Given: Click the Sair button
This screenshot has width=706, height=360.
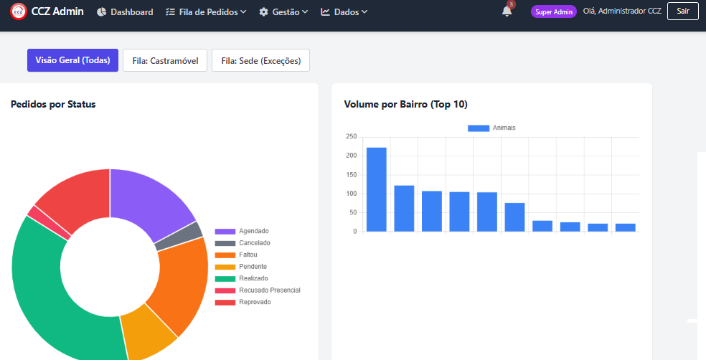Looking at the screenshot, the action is pyautogui.click(x=682, y=11).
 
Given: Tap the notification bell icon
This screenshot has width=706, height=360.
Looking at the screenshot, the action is pyautogui.click(x=507, y=11).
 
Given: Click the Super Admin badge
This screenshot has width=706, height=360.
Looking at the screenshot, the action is pyautogui.click(x=553, y=11).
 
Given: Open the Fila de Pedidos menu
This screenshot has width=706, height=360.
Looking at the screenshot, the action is pyautogui.click(x=206, y=12).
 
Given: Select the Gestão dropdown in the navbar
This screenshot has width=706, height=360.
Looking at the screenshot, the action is pyautogui.click(x=283, y=12).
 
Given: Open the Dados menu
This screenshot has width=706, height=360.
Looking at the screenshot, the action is pyautogui.click(x=344, y=12).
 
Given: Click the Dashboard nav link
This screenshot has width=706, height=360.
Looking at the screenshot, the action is pyautogui.click(x=125, y=12).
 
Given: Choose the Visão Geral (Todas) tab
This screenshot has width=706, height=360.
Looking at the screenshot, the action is pyautogui.click(x=72, y=60).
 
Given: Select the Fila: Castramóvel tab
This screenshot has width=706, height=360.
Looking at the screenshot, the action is pyautogui.click(x=165, y=60).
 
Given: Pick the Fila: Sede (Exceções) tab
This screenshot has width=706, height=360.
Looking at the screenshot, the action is pyautogui.click(x=260, y=60).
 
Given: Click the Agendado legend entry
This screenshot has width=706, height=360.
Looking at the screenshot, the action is pyautogui.click(x=242, y=232).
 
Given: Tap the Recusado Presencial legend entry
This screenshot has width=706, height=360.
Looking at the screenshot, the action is pyautogui.click(x=258, y=290).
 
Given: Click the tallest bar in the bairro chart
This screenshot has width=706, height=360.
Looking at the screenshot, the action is pyautogui.click(x=377, y=189).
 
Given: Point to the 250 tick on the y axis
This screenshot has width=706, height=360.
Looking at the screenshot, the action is pyautogui.click(x=351, y=137).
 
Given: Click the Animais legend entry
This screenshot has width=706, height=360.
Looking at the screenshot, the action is pyautogui.click(x=491, y=128).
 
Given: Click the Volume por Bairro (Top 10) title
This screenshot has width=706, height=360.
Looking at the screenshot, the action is pyautogui.click(x=405, y=105).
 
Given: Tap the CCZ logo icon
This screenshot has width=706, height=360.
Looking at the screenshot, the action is pyautogui.click(x=19, y=11).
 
